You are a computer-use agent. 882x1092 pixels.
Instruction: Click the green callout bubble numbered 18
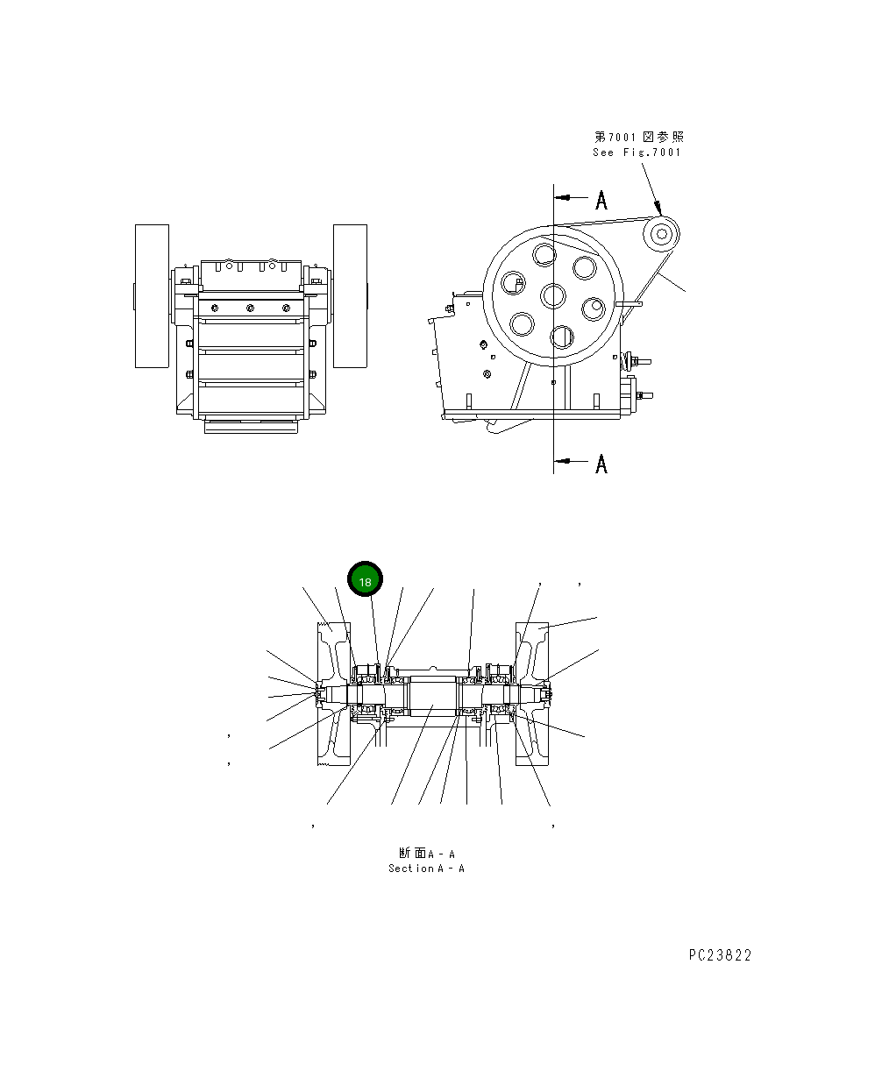[365, 581]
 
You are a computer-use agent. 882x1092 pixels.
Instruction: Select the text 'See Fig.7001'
[637, 152]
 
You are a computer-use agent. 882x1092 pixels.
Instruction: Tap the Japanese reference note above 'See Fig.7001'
[639, 137]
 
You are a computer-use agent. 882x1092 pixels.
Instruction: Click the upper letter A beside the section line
[601, 201]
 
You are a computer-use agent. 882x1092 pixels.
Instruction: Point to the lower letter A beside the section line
[601, 464]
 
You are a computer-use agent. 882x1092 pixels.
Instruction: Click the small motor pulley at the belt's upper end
[660, 234]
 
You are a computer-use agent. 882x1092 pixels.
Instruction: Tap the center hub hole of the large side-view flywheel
[553, 295]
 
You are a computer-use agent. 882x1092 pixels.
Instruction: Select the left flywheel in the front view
[152, 296]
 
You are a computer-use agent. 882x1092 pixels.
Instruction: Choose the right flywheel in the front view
[350, 296]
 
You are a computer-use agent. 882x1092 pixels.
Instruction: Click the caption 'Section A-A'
[426, 869]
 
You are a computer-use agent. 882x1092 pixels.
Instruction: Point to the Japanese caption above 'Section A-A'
[427, 853]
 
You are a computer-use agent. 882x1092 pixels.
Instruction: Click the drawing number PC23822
[720, 955]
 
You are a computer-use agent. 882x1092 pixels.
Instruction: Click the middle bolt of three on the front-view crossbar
[250, 308]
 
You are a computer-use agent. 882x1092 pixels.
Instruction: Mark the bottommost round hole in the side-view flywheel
[561, 337]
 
